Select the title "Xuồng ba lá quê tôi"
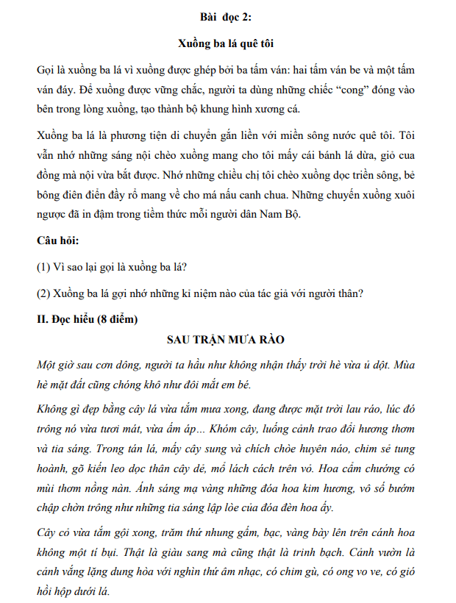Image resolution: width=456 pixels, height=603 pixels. (x=228, y=43)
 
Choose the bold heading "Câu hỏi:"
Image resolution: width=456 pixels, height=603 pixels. (x=57, y=240)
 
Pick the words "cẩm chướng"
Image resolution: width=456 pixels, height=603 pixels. (x=385, y=466)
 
